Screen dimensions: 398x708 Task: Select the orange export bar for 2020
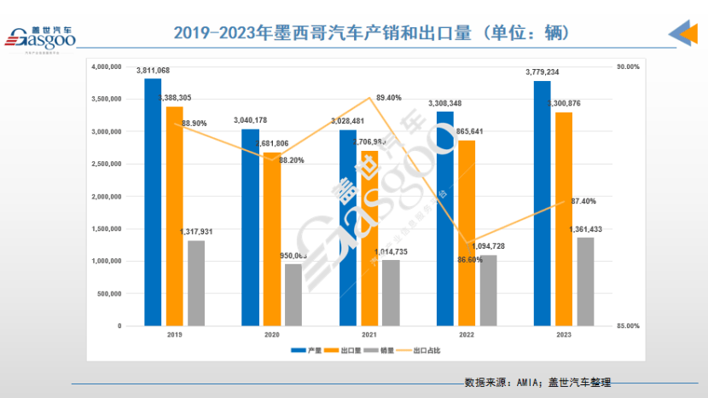[x=272, y=239]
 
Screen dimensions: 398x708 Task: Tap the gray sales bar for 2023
[x=585, y=281]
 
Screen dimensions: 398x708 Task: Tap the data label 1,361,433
[x=585, y=229]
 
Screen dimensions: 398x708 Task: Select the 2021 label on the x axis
[x=369, y=337]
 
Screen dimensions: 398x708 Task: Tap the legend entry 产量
[x=311, y=350]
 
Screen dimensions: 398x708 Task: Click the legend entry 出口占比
[x=427, y=350]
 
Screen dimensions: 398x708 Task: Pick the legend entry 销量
[x=385, y=350]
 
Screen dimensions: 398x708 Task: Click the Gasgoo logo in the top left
[x=41, y=38]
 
